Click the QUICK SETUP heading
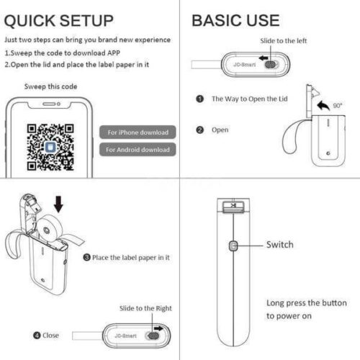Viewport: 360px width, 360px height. coord(59,20)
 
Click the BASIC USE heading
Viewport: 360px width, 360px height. coord(235,20)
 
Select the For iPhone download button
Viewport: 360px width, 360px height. coord(138,132)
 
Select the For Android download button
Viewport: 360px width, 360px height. coord(138,150)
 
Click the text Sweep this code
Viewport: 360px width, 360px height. coord(50,86)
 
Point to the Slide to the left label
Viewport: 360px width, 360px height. coord(283,41)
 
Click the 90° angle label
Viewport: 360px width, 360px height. coord(338,105)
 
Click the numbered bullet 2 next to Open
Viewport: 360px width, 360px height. coord(199,130)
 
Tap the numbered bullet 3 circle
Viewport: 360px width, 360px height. coord(86,257)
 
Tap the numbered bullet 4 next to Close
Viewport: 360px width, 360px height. coord(37,335)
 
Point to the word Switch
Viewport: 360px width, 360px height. coord(280,245)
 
